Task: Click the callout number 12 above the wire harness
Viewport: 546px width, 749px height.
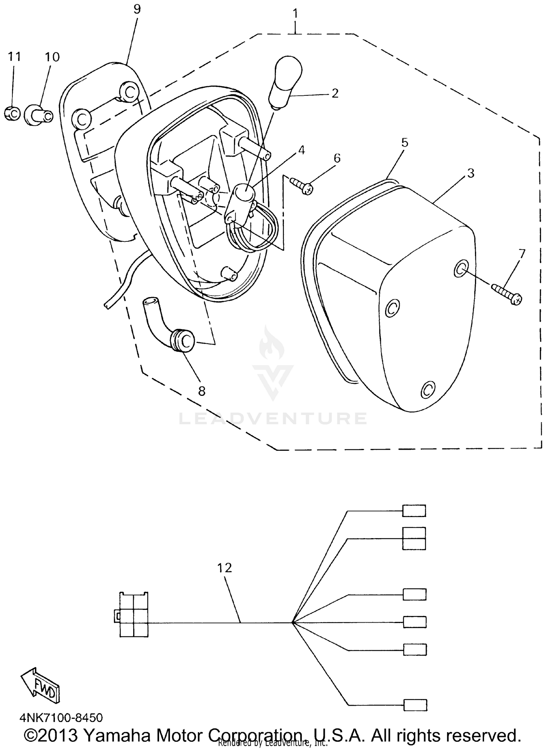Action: coord(225,568)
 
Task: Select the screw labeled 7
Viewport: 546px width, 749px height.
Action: coord(507,294)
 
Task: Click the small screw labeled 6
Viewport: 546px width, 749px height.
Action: coord(302,185)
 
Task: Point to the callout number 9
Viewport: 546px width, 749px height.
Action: coord(136,9)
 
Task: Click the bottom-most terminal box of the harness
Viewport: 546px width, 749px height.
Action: coord(415,705)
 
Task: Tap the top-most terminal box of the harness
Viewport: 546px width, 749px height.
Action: coord(414,511)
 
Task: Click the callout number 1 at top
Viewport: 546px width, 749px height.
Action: coord(295,14)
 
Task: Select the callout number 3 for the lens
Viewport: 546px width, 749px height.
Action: coord(471,173)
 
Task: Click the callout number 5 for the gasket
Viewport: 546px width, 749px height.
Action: coord(405,142)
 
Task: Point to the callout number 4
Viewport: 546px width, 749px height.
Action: coord(301,150)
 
